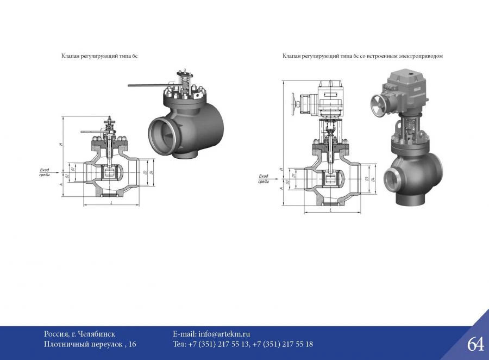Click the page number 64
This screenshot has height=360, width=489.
tap(475, 344)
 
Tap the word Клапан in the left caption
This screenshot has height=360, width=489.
tap(69, 56)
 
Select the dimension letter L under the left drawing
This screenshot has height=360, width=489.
tap(111, 202)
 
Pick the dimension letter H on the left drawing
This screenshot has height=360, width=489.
tap(62, 144)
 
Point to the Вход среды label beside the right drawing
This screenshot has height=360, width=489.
tap(264, 178)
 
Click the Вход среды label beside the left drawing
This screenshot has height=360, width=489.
tap(45, 172)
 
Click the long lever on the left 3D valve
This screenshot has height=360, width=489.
tap(147, 85)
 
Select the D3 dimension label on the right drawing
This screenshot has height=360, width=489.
tap(367, 178)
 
